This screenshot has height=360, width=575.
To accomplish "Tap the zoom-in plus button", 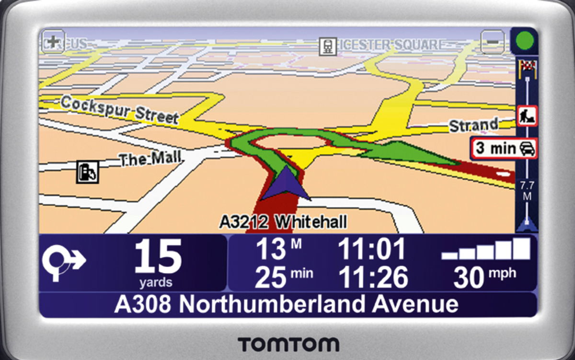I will pyautogui.click(x=52, y=42).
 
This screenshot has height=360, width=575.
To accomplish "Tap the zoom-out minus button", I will pyautogui.click(x=493, y=42).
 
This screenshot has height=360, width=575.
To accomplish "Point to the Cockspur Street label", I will pyautogui.click(x=120, y=109).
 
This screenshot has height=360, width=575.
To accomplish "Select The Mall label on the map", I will pyautogui.click(x=150, y=159).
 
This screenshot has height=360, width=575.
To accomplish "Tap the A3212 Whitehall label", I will pyautogui.click(x=283, y=221).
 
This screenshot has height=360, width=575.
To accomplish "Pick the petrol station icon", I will pyautogui.click(x=88, y=172).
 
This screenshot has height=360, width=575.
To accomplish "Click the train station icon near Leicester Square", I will pyautogui.click(x=328, y=46).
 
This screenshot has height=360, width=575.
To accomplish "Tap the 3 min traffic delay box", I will pyautogui.click(x=503, y=148).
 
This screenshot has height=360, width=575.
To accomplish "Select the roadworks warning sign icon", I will pyautogui.click(x=527, y=116).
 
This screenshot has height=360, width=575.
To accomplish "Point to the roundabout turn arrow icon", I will pyautogui.click(x=63, y=262).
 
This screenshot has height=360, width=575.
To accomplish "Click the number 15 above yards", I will pyautogui.click(x=158, y=257).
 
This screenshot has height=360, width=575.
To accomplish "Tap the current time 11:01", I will pyautogui.click(x=371, y=249).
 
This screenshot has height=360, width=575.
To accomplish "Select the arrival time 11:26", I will pyautogui.click(x=373, y=277).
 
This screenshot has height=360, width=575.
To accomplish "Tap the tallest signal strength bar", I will pyautogui.click(x=521, y=248).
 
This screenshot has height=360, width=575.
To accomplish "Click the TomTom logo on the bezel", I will pyautogui.click(x=288, y=344).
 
